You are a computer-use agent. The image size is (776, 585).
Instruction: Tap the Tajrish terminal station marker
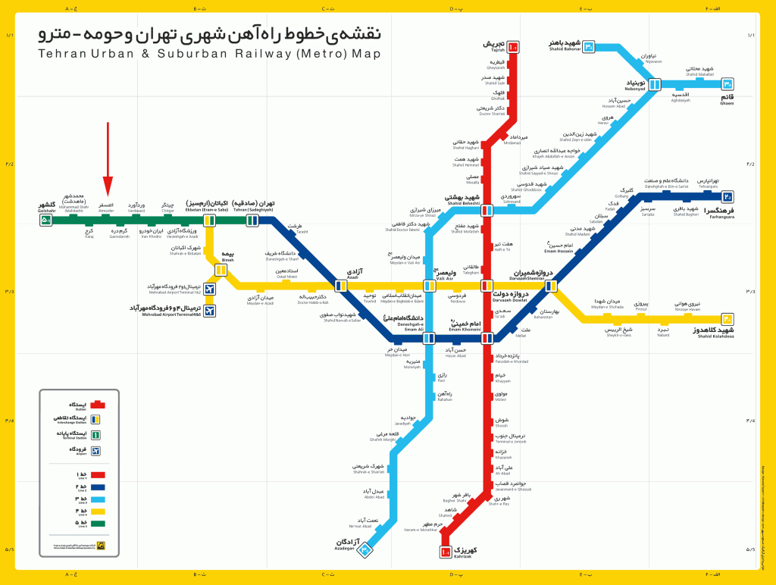tap(513, 47)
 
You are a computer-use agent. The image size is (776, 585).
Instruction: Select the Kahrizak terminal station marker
tap(446, 552)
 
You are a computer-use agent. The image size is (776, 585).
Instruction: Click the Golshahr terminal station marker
tap(46, 221)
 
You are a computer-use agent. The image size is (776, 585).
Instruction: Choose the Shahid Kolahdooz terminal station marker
tap(727, 319)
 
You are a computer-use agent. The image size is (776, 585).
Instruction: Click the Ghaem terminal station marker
tap(727, 84)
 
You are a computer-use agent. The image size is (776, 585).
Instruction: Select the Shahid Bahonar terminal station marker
tap(589, 47)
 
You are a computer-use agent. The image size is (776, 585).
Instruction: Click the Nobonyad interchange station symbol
tap(656, 84)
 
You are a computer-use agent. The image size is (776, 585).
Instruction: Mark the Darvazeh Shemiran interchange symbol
tap(552, 286)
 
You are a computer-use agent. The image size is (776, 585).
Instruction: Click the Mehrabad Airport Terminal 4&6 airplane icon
tap(210, 310)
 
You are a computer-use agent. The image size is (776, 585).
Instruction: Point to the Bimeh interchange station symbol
tap(221, 269)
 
